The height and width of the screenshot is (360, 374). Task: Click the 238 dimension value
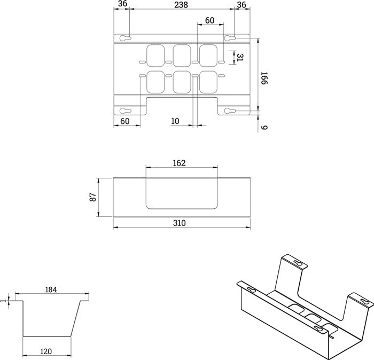[181, 5]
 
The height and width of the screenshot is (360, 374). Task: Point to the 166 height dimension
[264, 78]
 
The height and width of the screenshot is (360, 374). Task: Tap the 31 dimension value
[239, 58]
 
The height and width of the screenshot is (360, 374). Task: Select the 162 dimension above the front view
[179, 163]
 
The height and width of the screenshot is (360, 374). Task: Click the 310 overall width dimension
[179, 223]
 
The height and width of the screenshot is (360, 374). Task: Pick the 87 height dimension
[93, 197]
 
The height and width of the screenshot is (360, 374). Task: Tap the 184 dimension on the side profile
[51, 289]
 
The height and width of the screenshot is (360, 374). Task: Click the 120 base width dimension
[46, 351]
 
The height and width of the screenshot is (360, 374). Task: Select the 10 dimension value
[175, 121]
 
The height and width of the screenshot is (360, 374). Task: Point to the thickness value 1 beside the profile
[3, 301]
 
